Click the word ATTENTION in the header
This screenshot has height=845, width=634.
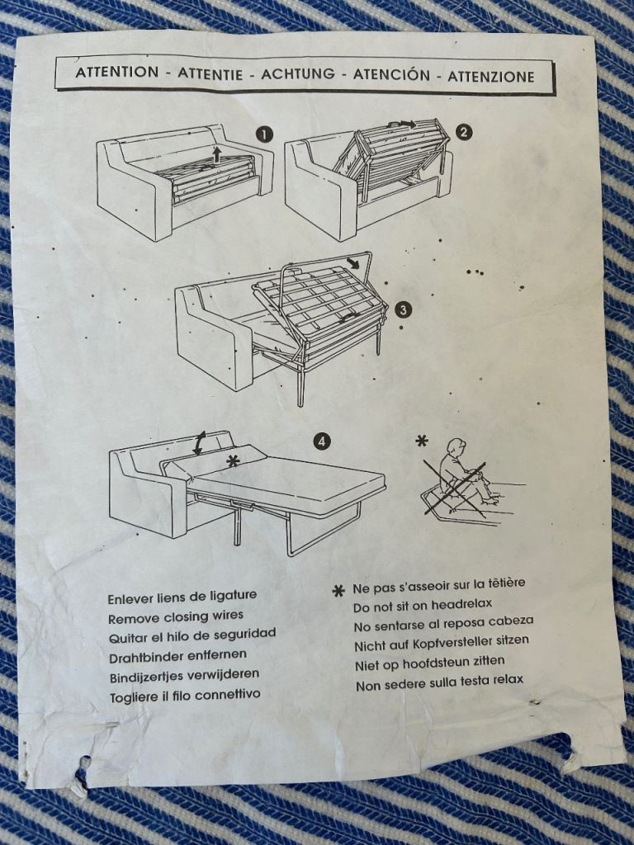117,73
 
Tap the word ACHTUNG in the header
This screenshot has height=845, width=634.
297,73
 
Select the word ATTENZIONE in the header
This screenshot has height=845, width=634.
490,76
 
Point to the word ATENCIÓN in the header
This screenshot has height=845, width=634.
391,74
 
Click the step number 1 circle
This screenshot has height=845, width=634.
265,135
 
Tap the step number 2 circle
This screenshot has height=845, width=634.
464,132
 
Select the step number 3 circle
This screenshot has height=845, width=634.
403,309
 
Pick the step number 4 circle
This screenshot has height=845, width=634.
321,442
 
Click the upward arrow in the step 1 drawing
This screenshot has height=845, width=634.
216,154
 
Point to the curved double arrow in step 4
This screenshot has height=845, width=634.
199,443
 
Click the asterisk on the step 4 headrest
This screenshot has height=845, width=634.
233,460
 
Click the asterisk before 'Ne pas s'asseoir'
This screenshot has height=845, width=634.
338,591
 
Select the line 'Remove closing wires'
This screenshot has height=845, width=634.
176,616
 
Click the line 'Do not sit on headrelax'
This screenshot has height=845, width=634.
423,606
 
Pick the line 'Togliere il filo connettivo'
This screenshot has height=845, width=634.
185,696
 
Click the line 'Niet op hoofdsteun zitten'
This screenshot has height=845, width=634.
429,663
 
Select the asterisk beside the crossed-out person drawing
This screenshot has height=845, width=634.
422,441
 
